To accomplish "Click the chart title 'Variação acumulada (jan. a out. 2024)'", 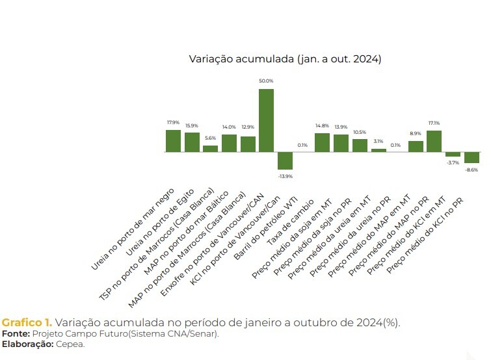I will [285, 59].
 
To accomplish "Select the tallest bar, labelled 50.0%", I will [266, 120].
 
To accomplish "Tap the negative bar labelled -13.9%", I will [285, 161].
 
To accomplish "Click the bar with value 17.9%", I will [173, 141].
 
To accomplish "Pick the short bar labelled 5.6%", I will [210, 149].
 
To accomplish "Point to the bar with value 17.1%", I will [434, 142].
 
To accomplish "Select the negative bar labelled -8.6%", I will [471, 158].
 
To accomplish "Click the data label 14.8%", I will [322, 125].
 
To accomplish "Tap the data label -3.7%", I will [453, 162].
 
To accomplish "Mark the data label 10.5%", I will [360, 131].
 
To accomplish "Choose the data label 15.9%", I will [192, 125].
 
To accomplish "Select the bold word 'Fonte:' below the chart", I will [15, 334].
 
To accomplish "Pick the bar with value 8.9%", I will [416, 146].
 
